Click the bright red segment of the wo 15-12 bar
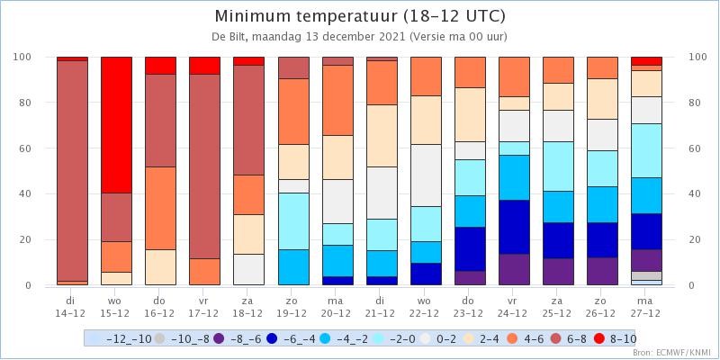(x=117, y=125)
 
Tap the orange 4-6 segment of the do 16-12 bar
(x=161, y=208)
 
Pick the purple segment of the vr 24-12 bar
(x=514, y=269)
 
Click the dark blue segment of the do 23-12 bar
(x=470, y=249)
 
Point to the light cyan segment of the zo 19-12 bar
(x=294, y=221)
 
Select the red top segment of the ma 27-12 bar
(x=646, y=61)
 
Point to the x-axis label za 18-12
(x=248, y=307)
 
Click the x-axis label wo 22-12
(x=425, y=307)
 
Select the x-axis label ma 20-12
(x=337, y=307)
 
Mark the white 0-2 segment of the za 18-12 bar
(x=249, y=269)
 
